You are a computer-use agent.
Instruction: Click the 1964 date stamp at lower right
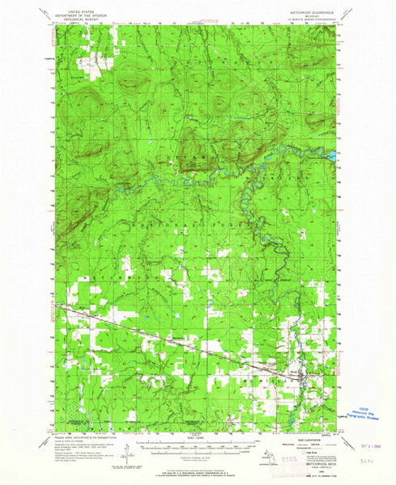[x=368, y=444]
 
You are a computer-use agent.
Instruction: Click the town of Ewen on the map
[x=304, y=373]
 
